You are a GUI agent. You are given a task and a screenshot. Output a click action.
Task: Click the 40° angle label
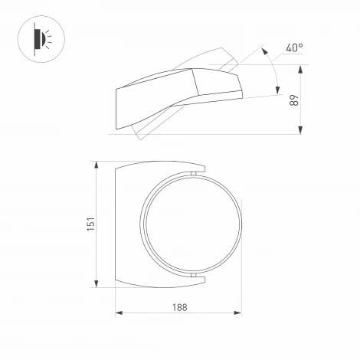pyautogui.click(x=295, y=48)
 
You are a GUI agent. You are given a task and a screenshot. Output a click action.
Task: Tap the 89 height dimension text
pyautogui.click(x=293, y=100)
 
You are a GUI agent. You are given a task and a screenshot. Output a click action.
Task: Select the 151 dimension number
pyautogui.click(x=90, y=224)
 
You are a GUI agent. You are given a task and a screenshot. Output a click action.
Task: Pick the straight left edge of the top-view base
pyautogui.click(x=115, y=224)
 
